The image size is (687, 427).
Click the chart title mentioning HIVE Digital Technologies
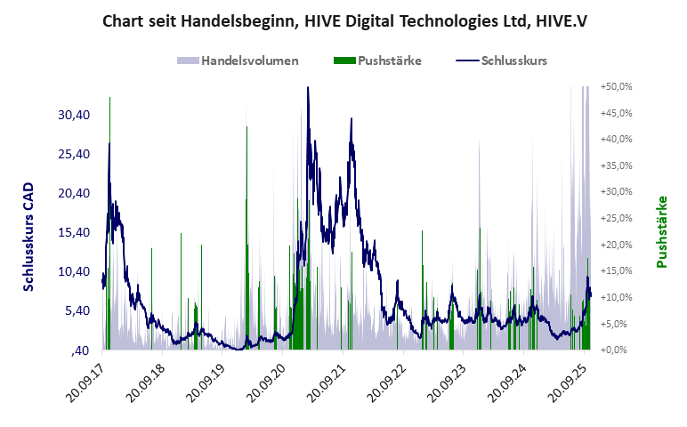344,19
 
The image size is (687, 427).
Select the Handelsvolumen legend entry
249,60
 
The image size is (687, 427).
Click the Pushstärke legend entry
389,60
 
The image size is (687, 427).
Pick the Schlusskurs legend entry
513,60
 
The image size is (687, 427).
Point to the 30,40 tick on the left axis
74,115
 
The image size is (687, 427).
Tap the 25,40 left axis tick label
74,154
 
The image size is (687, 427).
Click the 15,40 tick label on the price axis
74,232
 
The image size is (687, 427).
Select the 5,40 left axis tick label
77,310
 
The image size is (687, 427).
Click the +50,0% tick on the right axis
616,87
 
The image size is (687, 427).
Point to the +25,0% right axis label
616,218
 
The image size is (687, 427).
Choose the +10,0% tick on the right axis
616,297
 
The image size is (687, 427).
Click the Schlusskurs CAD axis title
28,237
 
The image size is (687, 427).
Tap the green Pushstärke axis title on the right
662,232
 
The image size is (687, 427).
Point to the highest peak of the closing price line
307,88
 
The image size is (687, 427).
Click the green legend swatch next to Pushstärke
343,60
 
